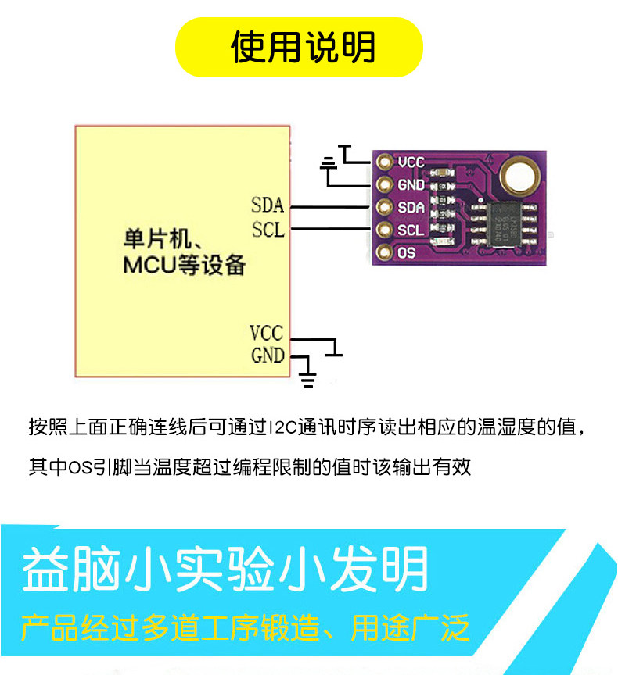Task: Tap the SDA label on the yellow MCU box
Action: pos(268,206)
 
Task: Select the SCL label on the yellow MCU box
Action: pos(268,230)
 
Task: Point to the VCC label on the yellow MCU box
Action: pos(267,334)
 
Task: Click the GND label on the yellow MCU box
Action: pos(267,355)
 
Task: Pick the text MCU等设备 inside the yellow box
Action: pos(184,264)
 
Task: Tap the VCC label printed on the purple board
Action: pos(411,162)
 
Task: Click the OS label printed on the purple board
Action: pos(406,253)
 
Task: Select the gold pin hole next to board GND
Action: pos(383,185)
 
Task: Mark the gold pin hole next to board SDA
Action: pos(383,208)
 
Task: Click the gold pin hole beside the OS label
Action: pos(383,253)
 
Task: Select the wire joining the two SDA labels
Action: pos(329,207)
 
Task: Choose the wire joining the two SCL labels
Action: pos(329,230)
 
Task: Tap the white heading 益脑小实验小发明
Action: pos(225,570)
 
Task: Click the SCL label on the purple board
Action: pos(411,230)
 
